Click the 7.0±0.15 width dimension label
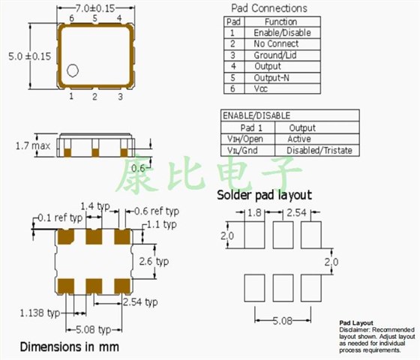click(x=95, y=7)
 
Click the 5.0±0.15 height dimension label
click(x=27, y=55)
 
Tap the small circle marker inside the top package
click(x=73, y=70)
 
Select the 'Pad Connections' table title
click(x=268, y=8)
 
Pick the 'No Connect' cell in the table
click(x=275, y=44)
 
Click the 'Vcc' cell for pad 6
click(x=262, y=89)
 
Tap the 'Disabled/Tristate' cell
click(x=314, y=150)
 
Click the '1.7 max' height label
click(x=32, y=145)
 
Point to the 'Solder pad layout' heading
click(x=264, y=195)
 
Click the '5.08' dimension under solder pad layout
click(x=283, y=321)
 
